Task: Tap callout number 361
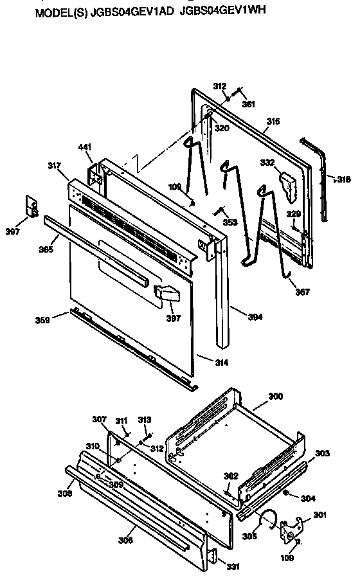[x=248, y=104]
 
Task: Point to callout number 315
[x=273, y=121]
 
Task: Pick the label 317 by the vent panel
[x=53, y=165]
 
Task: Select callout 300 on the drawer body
[x=275, y=397]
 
